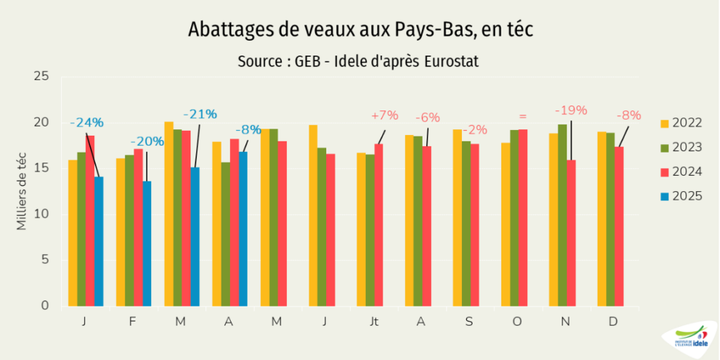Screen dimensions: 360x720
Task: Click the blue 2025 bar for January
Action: [x=99, y=241]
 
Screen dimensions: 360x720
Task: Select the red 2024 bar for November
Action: [x=571, y=233]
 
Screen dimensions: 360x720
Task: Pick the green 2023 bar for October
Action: [x=514, y=218]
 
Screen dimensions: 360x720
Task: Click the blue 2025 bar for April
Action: [x=243, y=229]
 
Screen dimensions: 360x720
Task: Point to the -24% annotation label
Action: [x=86, y=123]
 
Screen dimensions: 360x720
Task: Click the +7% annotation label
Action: [x=385, y=115]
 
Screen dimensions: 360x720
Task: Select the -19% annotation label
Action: [x=570, y=110]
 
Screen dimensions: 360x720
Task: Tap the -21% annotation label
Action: [x=200, y=114]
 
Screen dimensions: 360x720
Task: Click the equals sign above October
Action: [x=522, y=116]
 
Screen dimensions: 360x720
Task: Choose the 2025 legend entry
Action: [x=681, y=196]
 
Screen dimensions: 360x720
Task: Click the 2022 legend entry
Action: [x=681, y=123]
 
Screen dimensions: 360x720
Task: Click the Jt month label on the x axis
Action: [x=373, y=321]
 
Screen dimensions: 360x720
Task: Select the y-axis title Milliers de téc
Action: [x=22, y=189]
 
